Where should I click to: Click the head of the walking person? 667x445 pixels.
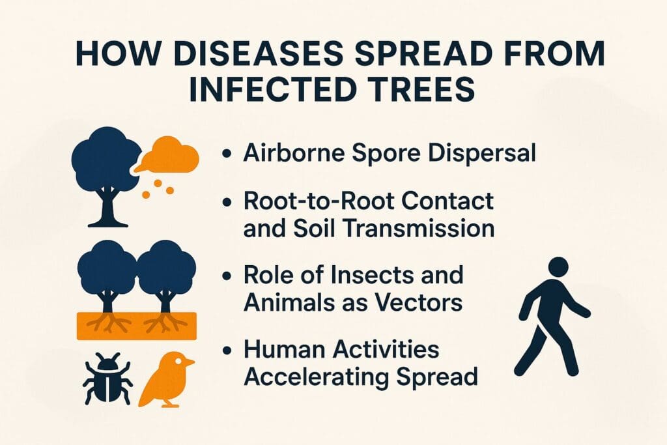(x=559, y=268)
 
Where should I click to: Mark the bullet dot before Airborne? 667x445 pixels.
(x=227, y=155)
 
